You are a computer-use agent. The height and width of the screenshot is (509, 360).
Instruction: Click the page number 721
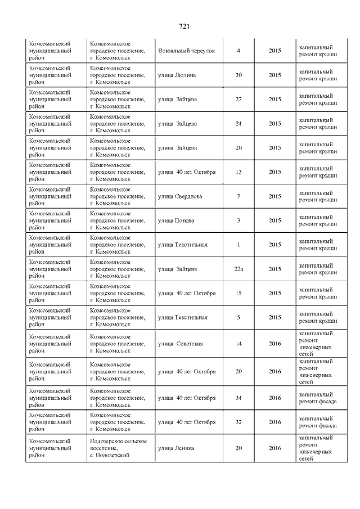tap(184, 26)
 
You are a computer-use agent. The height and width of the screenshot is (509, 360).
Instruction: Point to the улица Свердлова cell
tap(180, 196)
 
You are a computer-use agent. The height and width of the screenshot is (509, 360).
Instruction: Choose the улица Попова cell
tap(176, 220)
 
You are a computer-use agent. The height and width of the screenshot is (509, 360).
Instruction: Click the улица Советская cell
tap(180, 344)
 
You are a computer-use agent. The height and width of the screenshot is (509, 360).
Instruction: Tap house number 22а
tap(238, 269)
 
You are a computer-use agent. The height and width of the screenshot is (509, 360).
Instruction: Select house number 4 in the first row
tap(238, 51)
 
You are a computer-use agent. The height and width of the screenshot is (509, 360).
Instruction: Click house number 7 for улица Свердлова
tap(238, 196)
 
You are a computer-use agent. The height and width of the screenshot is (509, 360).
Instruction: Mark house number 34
tap(238, 398)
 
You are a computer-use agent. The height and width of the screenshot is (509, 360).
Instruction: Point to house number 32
tap(238, 422)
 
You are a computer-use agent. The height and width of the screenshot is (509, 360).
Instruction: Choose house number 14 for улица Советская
tap(238, 344)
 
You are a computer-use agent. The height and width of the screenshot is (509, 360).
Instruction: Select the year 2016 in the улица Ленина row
tap(274, 448)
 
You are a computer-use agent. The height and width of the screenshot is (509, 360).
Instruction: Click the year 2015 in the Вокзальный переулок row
tap(274, 51)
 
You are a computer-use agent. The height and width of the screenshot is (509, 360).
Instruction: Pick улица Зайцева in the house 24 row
tap(177, 124)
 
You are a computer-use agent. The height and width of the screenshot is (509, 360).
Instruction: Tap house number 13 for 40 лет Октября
tap(238, 172)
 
